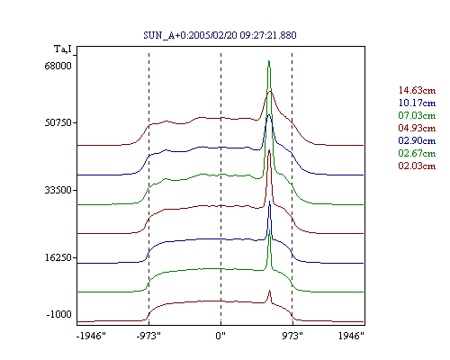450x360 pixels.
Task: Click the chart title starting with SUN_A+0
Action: (220, 35)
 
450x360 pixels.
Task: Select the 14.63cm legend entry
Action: (417, 90)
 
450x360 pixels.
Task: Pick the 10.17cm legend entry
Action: (417, 103)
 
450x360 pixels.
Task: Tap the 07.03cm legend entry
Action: (417, 115)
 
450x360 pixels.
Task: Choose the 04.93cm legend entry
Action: (417, 128)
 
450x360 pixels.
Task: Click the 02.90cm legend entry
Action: (417, 140)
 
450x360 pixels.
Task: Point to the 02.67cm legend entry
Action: (417, 153)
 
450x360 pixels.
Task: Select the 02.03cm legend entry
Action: (417, 166)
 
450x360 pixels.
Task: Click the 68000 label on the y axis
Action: (58, 66)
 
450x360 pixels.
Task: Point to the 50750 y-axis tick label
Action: (58, 122)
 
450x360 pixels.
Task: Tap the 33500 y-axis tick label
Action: (58, 190)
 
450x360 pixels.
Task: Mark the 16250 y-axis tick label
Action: (58, 257)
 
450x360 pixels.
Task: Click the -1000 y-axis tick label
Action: (59, 314)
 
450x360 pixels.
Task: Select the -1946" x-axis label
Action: (91, 336)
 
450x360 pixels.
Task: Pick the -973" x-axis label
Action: (148, 336)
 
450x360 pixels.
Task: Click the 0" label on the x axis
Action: (220, 336)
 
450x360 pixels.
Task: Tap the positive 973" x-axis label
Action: (292, 336)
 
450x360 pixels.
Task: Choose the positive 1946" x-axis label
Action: (351, 336)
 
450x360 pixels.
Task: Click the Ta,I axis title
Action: (63, 49)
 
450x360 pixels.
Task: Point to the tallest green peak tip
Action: (269, 61)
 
